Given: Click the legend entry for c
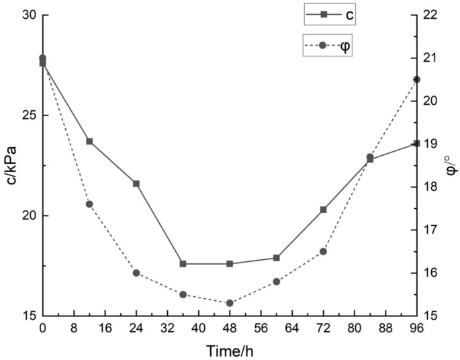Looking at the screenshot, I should pyautogui.click(x=328, y=13).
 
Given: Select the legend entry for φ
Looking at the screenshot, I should pyautogui.click(x=328, y=46).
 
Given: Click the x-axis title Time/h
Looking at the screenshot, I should pyautogui.click(x=230, y=350).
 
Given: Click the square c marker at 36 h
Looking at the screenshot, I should pyautogui.click(x=183, y=264).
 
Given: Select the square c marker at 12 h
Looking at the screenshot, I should pyautogui.click(x=89, y=141).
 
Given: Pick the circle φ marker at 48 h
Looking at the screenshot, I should pyautogui.click(x=230, y=303).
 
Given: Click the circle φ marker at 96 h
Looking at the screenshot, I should pyautogui.click(x=416, y=79).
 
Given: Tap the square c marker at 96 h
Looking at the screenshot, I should pyautogui.click(x=416, y=143).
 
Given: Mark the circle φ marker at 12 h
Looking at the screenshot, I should pyautogui.click(x=89, y=204).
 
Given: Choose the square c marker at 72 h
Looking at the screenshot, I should pyautogui.click(x=323, y=210).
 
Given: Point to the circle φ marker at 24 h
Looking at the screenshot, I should pyautogui.click(x=136, y=273).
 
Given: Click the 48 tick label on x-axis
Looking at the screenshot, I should pyautogui.click(x=230, y=328).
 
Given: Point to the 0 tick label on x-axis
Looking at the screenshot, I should pyautogui.click(x=43, y=328).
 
